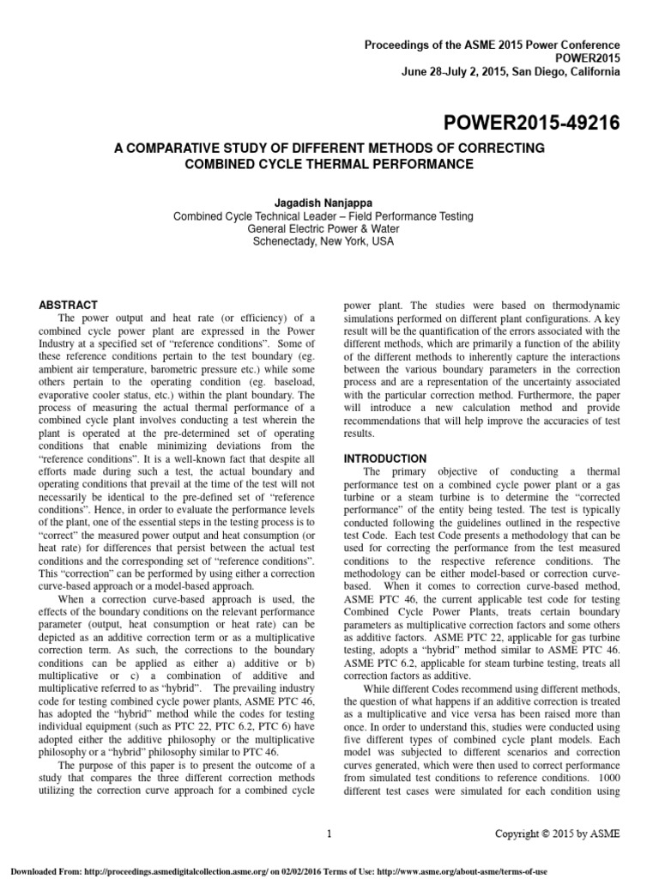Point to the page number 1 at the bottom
(x=329, y=833)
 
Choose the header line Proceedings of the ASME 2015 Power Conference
(x=493, y=44)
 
